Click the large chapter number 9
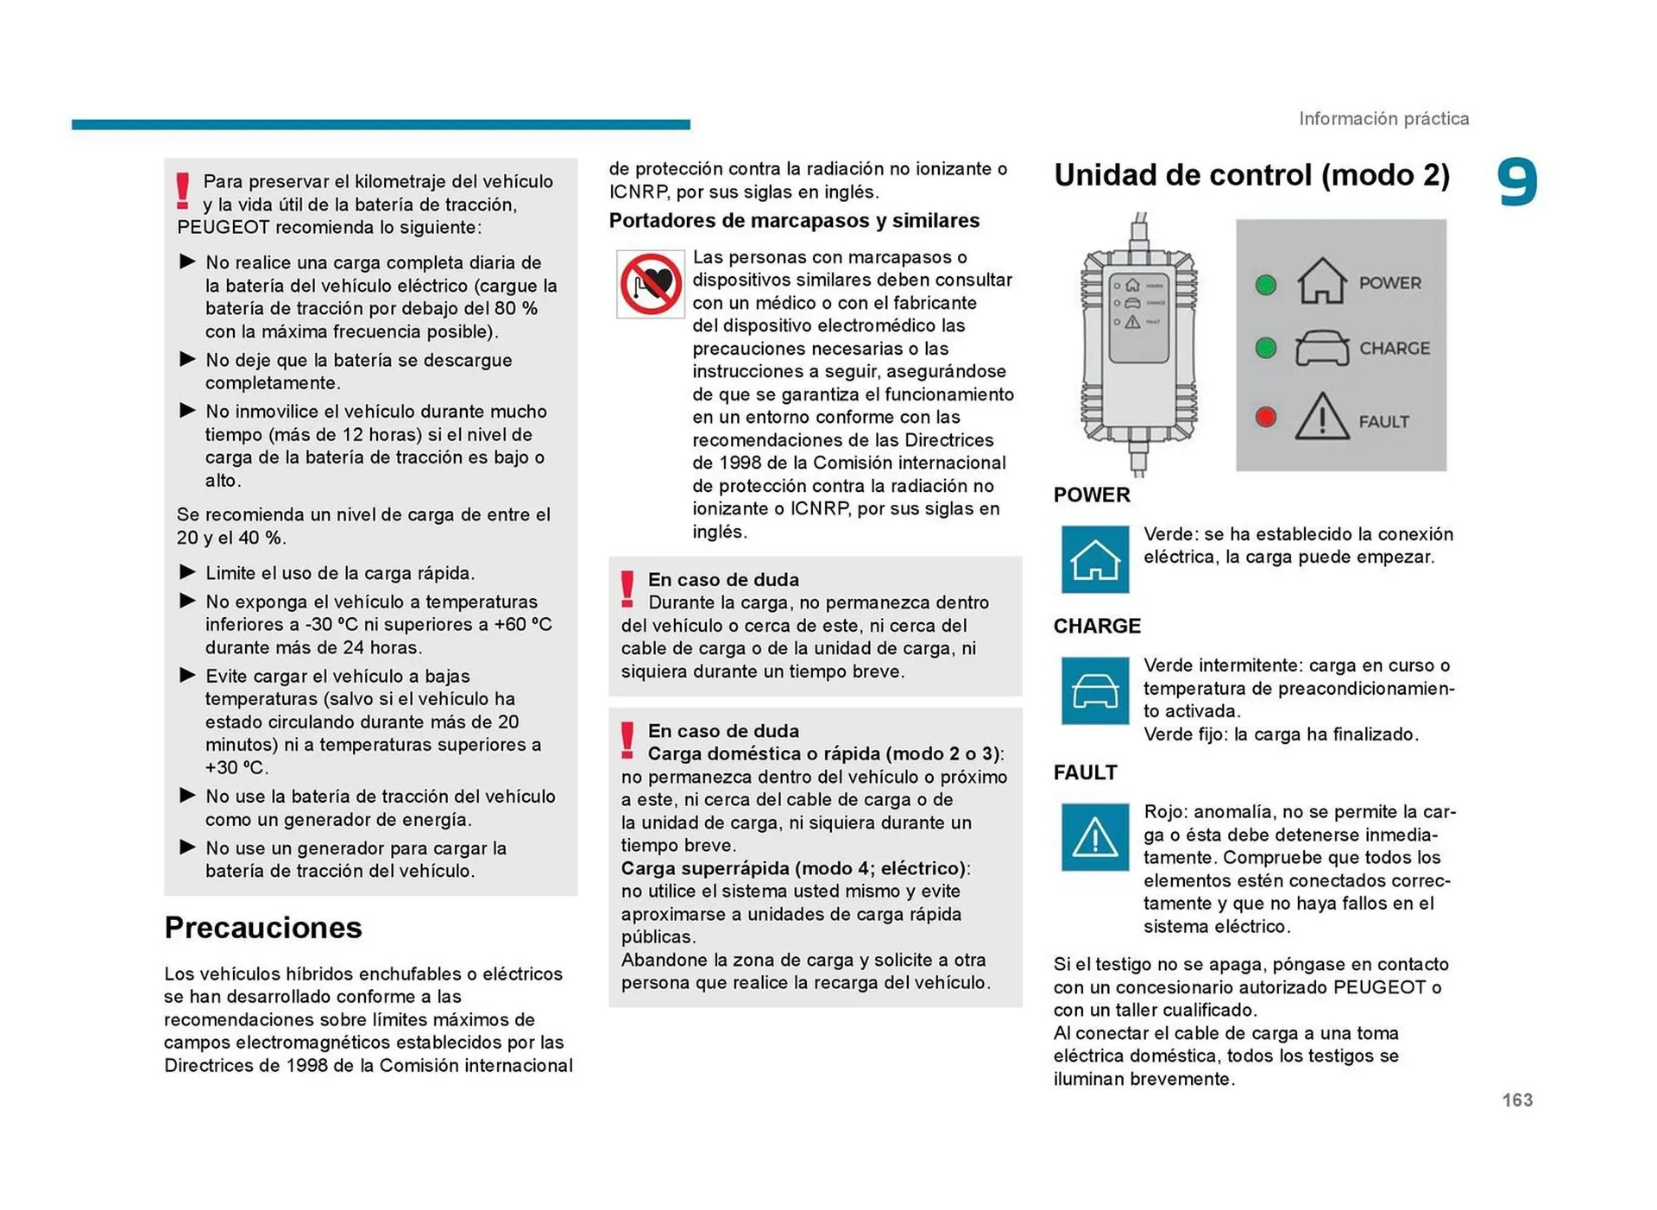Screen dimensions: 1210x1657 coord(1516,182)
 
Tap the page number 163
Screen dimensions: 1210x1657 coord(1516,1100)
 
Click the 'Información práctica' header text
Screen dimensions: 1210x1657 coord(1383,118)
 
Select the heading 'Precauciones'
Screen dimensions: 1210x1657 coord(263,927)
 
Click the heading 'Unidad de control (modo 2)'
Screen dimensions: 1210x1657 coord(1251,175)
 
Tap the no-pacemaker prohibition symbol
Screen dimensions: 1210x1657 coord(650,284)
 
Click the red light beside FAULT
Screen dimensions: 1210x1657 coord(1265,418)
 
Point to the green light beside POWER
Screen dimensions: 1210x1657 coord(1265,285)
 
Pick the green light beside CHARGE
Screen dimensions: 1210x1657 coord(1265,349)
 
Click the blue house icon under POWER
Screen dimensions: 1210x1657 coord(1094,559)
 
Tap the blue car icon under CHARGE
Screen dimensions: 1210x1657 coord(1094,690)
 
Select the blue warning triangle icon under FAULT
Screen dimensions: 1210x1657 coord(1094,837)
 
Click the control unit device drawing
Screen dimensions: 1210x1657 coord(1138,345)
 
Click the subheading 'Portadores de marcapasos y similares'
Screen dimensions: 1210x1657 coord(794,221)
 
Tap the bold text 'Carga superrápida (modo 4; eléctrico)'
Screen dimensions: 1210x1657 coord(794,868)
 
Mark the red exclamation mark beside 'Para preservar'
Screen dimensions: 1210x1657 coord(182,191)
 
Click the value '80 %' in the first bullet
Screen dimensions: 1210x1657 coord(515,309)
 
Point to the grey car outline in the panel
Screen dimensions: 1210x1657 coord(1321,349)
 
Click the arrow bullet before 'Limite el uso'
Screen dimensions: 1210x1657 coord(187,572)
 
